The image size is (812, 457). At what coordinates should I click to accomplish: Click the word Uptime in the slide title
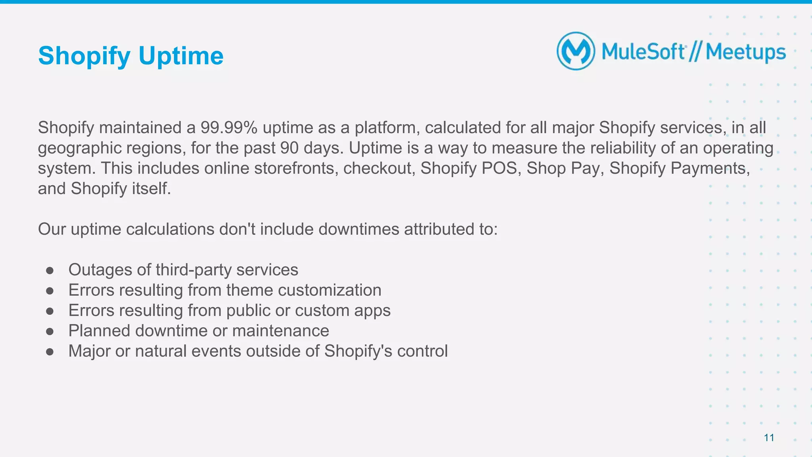(x=181, y=55)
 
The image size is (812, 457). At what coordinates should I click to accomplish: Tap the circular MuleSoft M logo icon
(x=576, y=52)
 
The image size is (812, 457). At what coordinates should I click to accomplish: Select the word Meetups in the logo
(x=745, y=52)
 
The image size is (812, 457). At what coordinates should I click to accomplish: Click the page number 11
(x=769, y=438)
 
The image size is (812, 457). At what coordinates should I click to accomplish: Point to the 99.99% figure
(x=229, y=128)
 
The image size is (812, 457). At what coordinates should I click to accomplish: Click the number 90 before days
(x=289, y=148)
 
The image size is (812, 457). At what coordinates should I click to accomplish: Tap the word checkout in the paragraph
(x=377, y=168)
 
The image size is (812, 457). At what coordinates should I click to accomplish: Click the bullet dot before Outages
(x=50, y=270)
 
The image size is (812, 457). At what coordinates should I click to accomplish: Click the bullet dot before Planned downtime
(x=50, y=331)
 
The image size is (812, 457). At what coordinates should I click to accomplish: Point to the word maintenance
(x=280, y=331)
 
